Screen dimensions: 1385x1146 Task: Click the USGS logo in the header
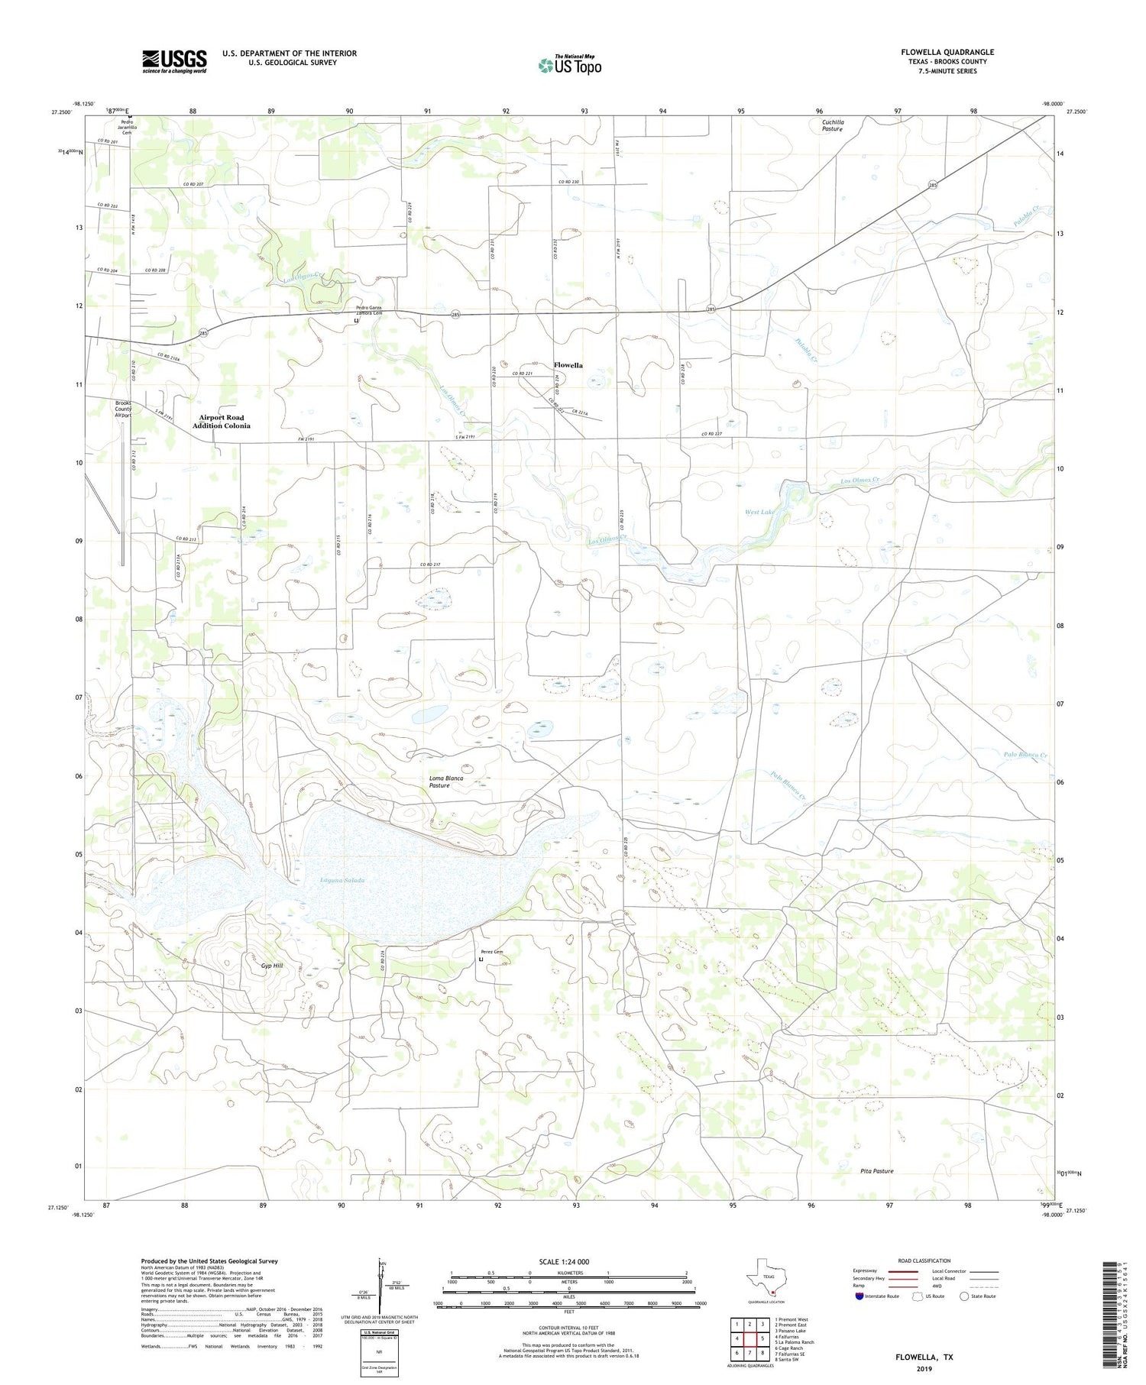tap(173, 61)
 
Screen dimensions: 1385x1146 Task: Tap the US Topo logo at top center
tap(569, 65)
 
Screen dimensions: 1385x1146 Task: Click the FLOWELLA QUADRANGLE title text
tap(947, 52)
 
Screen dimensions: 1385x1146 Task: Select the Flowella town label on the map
tap(568, 365)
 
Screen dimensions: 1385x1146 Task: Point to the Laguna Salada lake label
tap(342, 880)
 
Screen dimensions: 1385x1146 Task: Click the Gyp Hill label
tap(272, 966)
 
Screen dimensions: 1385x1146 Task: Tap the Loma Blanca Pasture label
tap(446, 781)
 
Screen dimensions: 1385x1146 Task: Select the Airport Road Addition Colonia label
tap(221, 422)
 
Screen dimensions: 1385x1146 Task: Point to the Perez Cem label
tap(492, 952)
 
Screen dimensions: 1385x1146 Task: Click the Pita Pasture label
tap(876, 1170)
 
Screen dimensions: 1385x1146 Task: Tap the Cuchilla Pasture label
tap(833, 125)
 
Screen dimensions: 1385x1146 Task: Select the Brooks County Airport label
tap(124, 409)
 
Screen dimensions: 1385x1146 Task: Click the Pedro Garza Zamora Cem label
tap(368, 310)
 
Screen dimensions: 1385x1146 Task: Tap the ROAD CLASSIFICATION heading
tap(924, 1260)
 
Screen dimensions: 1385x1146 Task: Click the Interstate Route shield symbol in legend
tap(859, 1296)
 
